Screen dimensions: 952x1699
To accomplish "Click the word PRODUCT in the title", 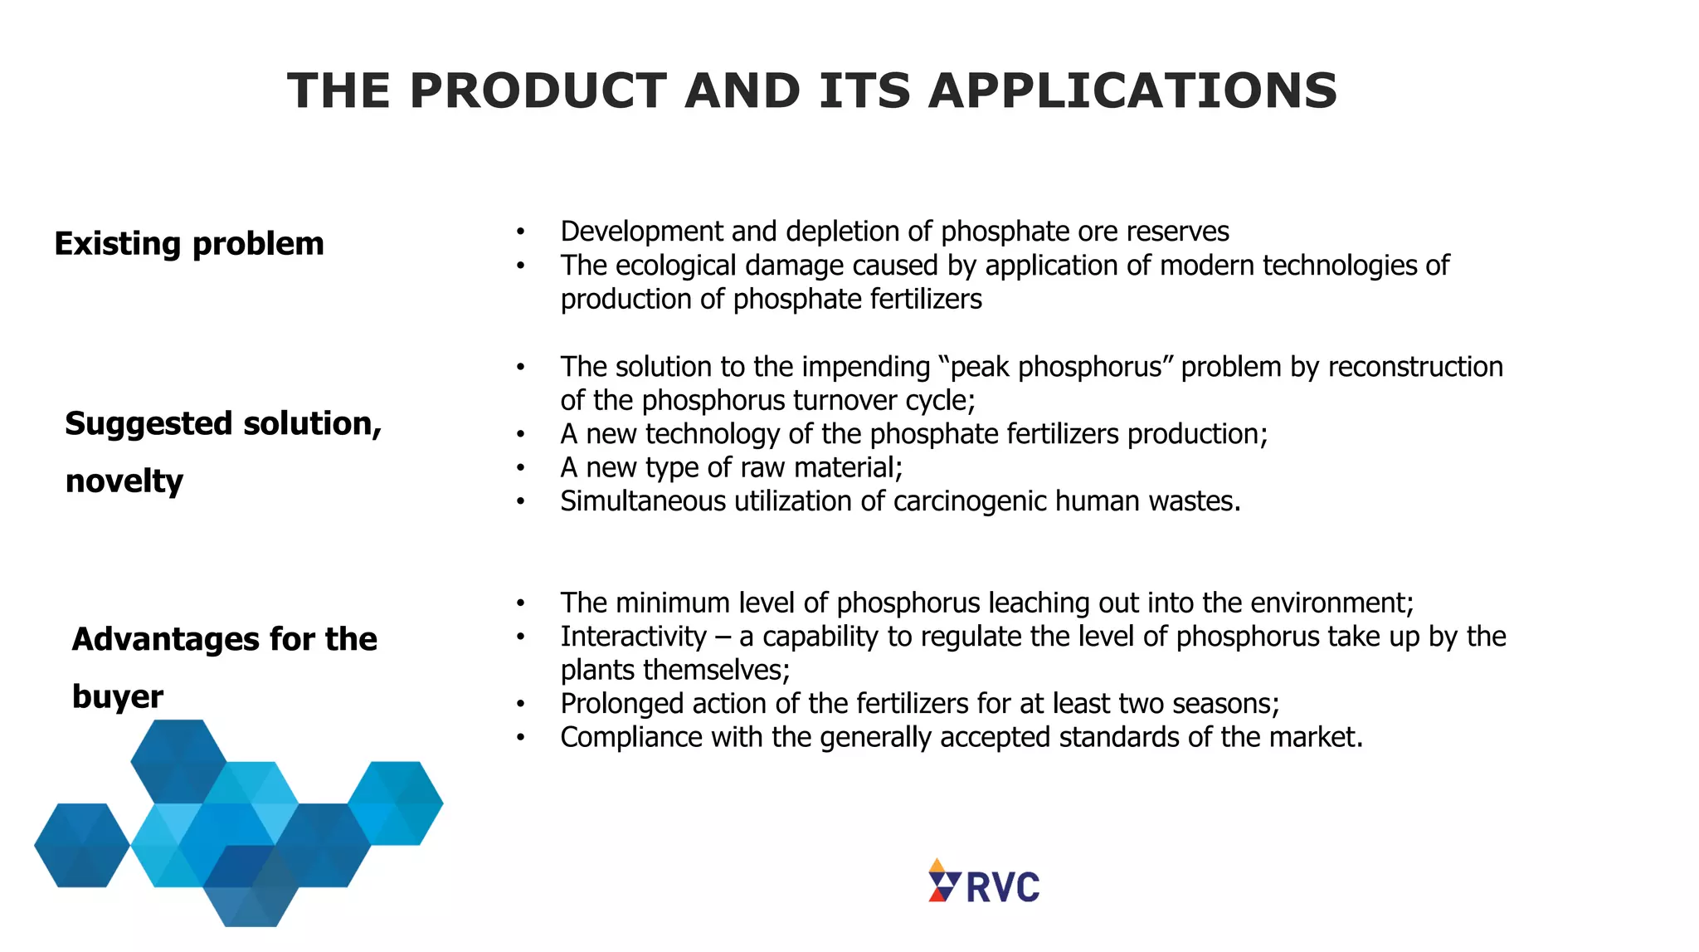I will tap(538, 90).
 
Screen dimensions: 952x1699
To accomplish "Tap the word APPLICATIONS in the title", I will tap(1132, 90).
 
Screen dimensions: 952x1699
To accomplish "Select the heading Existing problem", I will tap(189, 244).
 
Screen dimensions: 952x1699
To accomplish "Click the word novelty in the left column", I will tap(124, 481).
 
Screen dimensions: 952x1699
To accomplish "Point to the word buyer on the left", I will tap(118, 696).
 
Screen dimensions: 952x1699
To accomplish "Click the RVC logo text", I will tap(1003, 887).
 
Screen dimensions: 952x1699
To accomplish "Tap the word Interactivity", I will tap(634, 637).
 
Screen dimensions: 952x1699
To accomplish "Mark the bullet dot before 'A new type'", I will tap(520, 468).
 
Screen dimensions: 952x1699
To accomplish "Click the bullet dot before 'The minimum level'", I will tap(520, 603).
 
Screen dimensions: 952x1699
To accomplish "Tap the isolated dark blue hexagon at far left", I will tap(82, 845).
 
